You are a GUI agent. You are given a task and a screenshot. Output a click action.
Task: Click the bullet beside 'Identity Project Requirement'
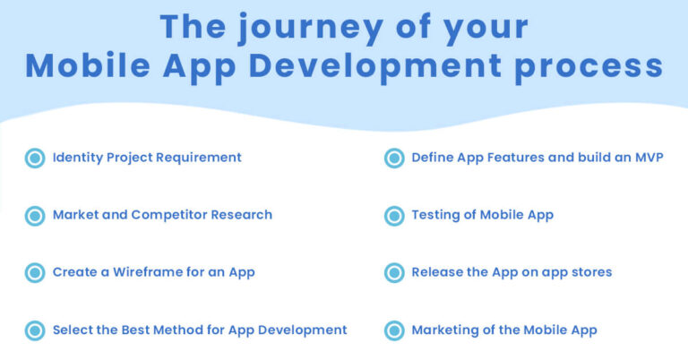tap(35, 159)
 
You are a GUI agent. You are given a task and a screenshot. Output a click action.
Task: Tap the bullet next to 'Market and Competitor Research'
tap(35, 216)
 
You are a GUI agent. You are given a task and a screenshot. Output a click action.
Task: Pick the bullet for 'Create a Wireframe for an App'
tap(35, 273)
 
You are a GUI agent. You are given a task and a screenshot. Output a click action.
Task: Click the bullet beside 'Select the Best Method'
tap(35, 330)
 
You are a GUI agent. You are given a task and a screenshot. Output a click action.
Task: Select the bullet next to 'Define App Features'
tap(394, 159)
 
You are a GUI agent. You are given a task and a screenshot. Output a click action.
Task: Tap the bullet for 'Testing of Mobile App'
tap(394, 216)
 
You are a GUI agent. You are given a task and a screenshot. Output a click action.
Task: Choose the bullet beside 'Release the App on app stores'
tap(394, 273)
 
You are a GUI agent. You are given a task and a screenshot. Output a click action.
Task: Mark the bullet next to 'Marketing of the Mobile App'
tap(394, 330)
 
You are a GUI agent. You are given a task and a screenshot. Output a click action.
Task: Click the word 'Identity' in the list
tap(78, 158)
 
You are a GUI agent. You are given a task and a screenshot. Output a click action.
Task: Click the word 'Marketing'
tap(445, 330)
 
